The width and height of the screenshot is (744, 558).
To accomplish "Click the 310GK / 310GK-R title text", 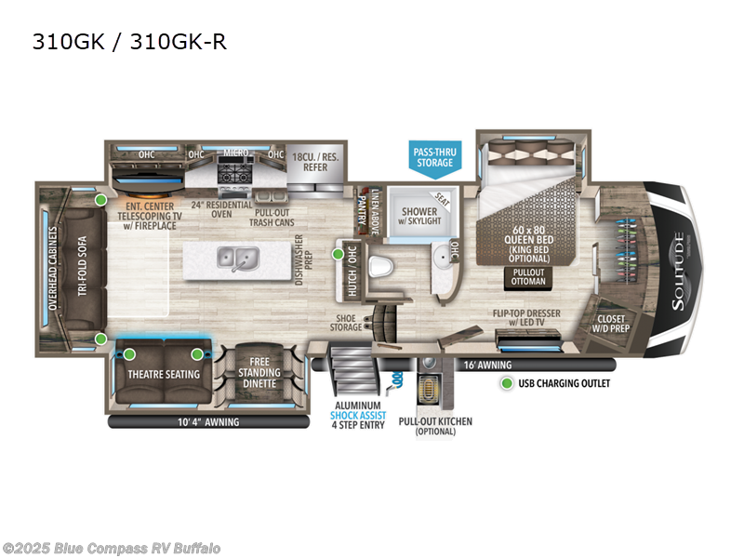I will tap(129, 43).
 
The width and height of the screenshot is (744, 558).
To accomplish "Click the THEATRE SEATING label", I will tap(163, 374).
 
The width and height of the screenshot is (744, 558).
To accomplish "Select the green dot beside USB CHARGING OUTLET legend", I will tap(506, 383).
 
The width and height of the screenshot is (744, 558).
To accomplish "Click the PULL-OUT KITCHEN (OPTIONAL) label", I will tap(435, 427).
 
